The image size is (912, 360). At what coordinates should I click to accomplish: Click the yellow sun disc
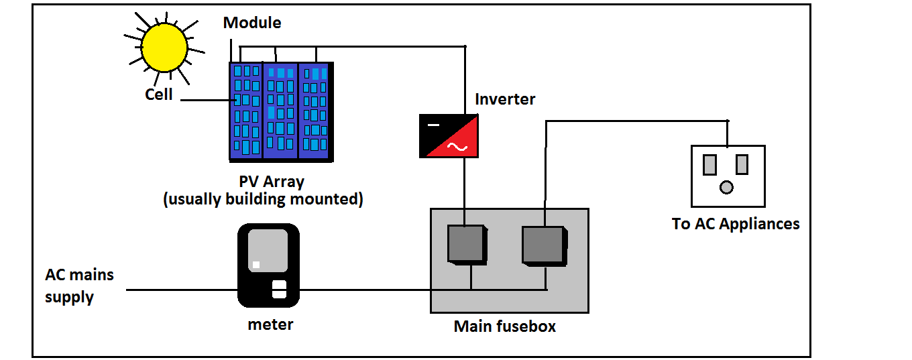click(164, 48)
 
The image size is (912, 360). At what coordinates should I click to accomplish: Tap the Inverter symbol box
click(449, 135)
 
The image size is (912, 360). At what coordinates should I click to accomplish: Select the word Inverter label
click(505, 99)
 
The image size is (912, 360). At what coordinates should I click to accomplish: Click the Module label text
click(252, 23)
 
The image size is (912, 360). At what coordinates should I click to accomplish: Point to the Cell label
click(159, 95)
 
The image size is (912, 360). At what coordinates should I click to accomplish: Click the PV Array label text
click(272, 182)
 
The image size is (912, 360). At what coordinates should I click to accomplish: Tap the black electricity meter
click(268, 265)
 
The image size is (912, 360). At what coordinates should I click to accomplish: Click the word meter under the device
click(270, 324)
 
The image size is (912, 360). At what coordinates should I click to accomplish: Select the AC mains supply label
click(78, 286)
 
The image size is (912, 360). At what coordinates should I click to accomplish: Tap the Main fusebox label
click(504, 326)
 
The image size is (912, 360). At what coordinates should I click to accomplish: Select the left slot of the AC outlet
click(709, 164)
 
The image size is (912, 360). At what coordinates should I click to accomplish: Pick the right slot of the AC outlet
click(742, 164)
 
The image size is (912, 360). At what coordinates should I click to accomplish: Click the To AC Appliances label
click(735, 224)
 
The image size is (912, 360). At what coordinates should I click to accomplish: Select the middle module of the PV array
click(280, 111)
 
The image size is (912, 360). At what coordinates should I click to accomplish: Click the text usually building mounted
click(263, 199)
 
